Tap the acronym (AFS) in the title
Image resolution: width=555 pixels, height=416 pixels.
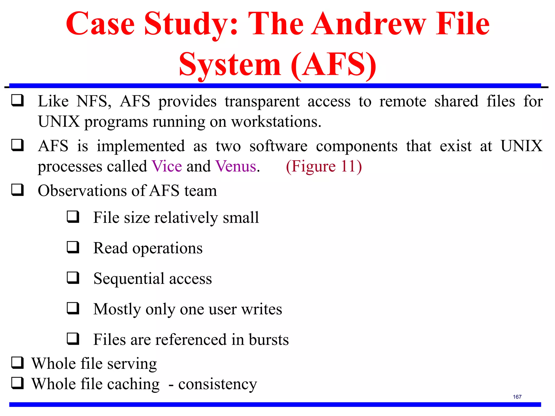pyautogui.click(x=333, y=65)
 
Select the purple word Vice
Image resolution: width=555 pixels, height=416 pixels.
pyautogui.click(x=167, y=166)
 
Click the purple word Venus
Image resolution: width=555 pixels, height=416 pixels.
pyautogui.click(x=236, y=166)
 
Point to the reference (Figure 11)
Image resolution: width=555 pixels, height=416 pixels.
pyautogui.click(x=324, y=166)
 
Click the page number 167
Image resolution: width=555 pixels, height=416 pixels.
pyautogui.click(x=517, y=397)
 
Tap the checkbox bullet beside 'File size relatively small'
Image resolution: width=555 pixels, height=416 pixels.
pyautogui.click(x=73, y=217)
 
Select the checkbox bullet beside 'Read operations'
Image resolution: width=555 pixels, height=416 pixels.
pyautogui.click(x=73, y=247)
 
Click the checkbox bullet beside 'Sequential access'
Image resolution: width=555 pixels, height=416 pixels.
pyautogui.click(x=73, y=278)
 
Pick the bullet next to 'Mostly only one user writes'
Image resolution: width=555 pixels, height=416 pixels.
pyautogui.click(x=73, y=308)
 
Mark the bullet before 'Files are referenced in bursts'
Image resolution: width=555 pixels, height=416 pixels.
pyautogui.click(x=73, y=339)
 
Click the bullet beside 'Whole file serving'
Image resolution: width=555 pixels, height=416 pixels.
pyautogui.click(x=17, y=363)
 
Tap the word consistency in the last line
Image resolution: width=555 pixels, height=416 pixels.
pyautogui.click(x=217, y=384)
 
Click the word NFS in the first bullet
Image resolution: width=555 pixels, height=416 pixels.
pyautogui.click(x=93, y=101)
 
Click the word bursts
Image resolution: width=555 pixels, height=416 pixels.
pyautogui.click(x=269, y=339)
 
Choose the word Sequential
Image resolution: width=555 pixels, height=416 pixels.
pyautogui.click(x=129, y=278)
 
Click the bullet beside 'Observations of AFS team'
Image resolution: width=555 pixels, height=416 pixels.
pyautogui.click(x=17, y=190)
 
